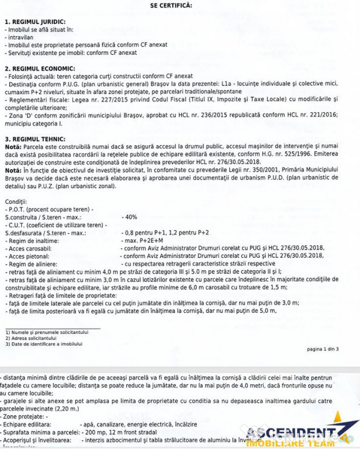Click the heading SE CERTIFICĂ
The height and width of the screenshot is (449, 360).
[x=171, y=5]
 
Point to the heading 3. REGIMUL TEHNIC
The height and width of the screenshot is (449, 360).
[x=32, y=138]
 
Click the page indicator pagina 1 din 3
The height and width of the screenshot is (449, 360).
[x=322, y=349]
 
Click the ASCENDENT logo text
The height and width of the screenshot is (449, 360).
[x=292, y=433]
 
